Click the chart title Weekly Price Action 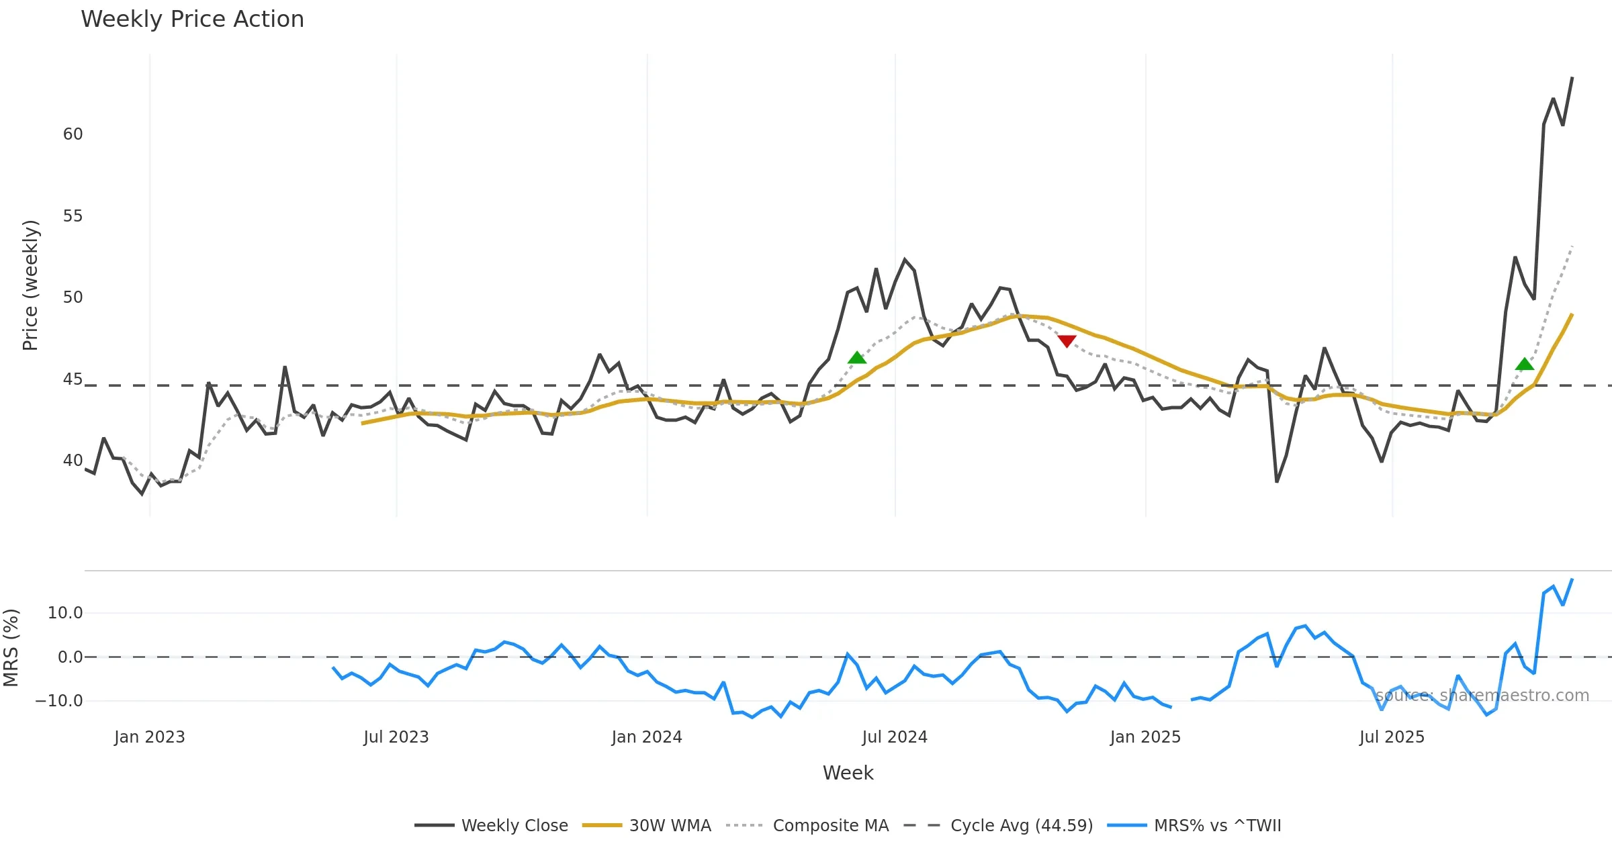point(192,19)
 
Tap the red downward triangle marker point(1067,341)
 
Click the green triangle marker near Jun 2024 point(857,358)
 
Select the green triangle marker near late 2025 point(1525,364)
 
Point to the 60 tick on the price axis point(73,134)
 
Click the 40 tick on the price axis point(73,461)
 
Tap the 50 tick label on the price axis point(73,297)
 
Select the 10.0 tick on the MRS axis point(65,613)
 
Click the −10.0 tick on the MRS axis point(59,701)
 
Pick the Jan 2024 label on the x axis point(646,737)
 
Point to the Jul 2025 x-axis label point(1392,737)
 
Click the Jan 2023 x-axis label point(149,737)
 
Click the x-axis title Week point(848,773)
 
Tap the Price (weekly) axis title point(31,285)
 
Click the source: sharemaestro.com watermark point(1482,696)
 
